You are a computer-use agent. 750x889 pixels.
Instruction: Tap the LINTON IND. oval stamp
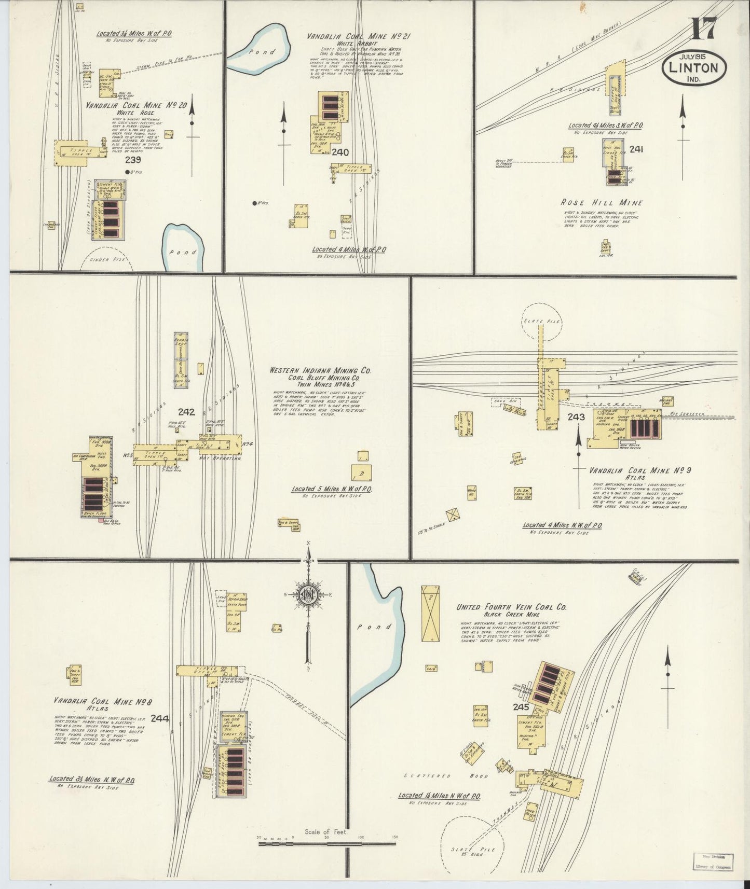(x=694, y=68)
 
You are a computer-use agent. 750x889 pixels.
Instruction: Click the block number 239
(x=132, y=160)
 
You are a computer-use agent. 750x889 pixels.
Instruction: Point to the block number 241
(x=636, y=149)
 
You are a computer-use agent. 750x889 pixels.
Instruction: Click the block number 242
(x=186, y=412)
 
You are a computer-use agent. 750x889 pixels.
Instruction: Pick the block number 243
(x=576, y=417)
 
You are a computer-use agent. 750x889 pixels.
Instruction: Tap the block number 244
(x=159, y=718)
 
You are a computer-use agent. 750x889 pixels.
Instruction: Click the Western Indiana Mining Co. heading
(x=320, y=371)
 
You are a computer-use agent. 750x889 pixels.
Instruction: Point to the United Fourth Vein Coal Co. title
(x=511, y=607)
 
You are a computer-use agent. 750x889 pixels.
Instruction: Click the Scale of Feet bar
(x=327, y=844)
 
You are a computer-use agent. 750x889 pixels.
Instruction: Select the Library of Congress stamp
(x=713, y=862)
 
